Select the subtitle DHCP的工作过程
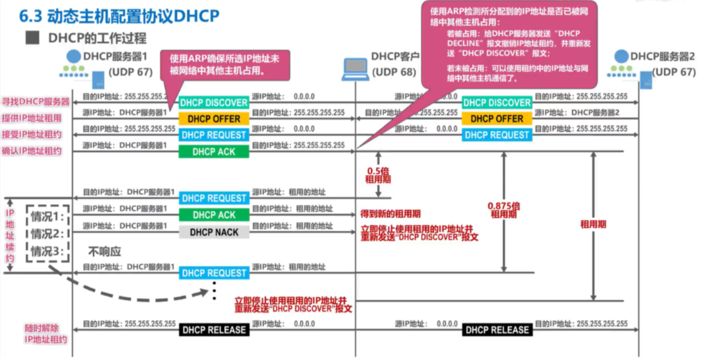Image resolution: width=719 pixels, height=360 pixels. click(x=97, y=39)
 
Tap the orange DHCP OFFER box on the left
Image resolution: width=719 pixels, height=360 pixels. click(x=213, y=119)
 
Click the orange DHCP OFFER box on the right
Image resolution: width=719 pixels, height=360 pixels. click(x=496, y=119)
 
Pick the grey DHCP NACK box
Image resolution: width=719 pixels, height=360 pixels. click(x=213, y=232)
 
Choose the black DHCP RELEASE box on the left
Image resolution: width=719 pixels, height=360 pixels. click(x=213, y=330)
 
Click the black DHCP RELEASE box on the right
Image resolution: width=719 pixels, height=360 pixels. click(x=497, y=330)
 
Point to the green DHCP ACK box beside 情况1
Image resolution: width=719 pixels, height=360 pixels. click(x=213, y=215)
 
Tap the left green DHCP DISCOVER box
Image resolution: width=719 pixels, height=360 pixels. click(x=213, y=103)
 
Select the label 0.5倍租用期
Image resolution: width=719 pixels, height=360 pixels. click(x=378, y=174)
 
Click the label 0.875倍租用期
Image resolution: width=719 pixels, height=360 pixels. click(x=504, y=209)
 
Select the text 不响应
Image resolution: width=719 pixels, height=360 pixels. click(x=105, y=251)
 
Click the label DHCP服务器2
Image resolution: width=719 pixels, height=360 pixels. click(x=663, y=56)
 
